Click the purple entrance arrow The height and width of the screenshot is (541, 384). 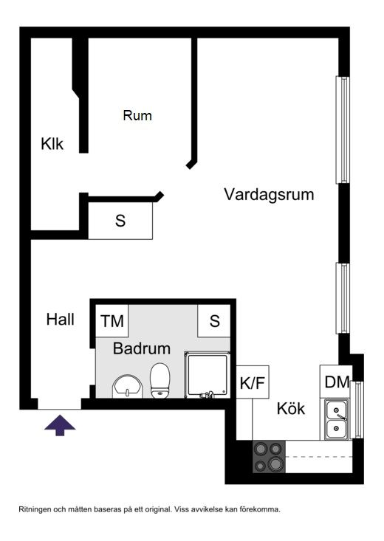pos(60,425)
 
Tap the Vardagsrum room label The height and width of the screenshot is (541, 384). pos(269,194)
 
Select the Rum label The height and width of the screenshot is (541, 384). pos(137,115)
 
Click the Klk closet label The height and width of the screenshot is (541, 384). pos(52,144)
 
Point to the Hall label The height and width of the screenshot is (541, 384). pos(61,319)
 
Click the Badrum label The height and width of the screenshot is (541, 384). pos(142,348)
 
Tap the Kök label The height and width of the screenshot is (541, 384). pos(291,408)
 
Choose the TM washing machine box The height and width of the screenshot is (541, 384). pos(112,321)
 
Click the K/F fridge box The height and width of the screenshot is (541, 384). pos(253,382)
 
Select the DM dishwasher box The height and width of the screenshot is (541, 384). pos(336,382)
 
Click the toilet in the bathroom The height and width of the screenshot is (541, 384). pos(160,380)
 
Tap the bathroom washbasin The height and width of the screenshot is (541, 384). pos(128,387)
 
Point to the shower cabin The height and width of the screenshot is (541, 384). pos(208,375)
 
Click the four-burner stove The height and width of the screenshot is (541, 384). pos(269,457)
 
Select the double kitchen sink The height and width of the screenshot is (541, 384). pos(337,419)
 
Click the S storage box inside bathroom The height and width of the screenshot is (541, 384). pos(214,321)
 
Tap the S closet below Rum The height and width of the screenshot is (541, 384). pos(120,221)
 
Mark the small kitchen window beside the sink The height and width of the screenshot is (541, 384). pos(357,410)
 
